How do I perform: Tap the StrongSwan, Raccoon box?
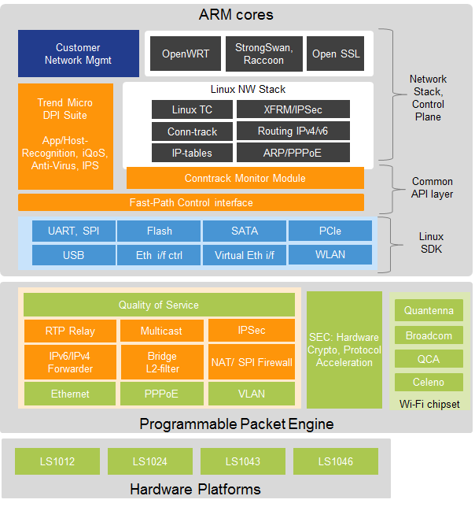tap(263, 54)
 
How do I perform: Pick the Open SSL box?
tap(335, 54)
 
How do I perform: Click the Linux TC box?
tap(192, 109)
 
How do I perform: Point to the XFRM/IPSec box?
tap(293, 109)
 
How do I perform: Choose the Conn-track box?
tap(192, 131)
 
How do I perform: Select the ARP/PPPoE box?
tap(293, 153)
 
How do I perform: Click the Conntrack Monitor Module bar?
tap(245, 178)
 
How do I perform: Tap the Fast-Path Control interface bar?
tap(191, 202)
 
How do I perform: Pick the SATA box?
tap(245, 231)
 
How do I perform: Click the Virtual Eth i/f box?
tap(245, 255)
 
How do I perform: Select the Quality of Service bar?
tap(159, 305)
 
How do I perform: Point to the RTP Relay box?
tap(70, 331)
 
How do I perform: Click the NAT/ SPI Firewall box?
tap(252, 363)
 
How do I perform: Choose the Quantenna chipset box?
tap(429, 311)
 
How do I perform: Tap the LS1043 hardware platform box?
tap(243, 461)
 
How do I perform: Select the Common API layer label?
tap(433, 187)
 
